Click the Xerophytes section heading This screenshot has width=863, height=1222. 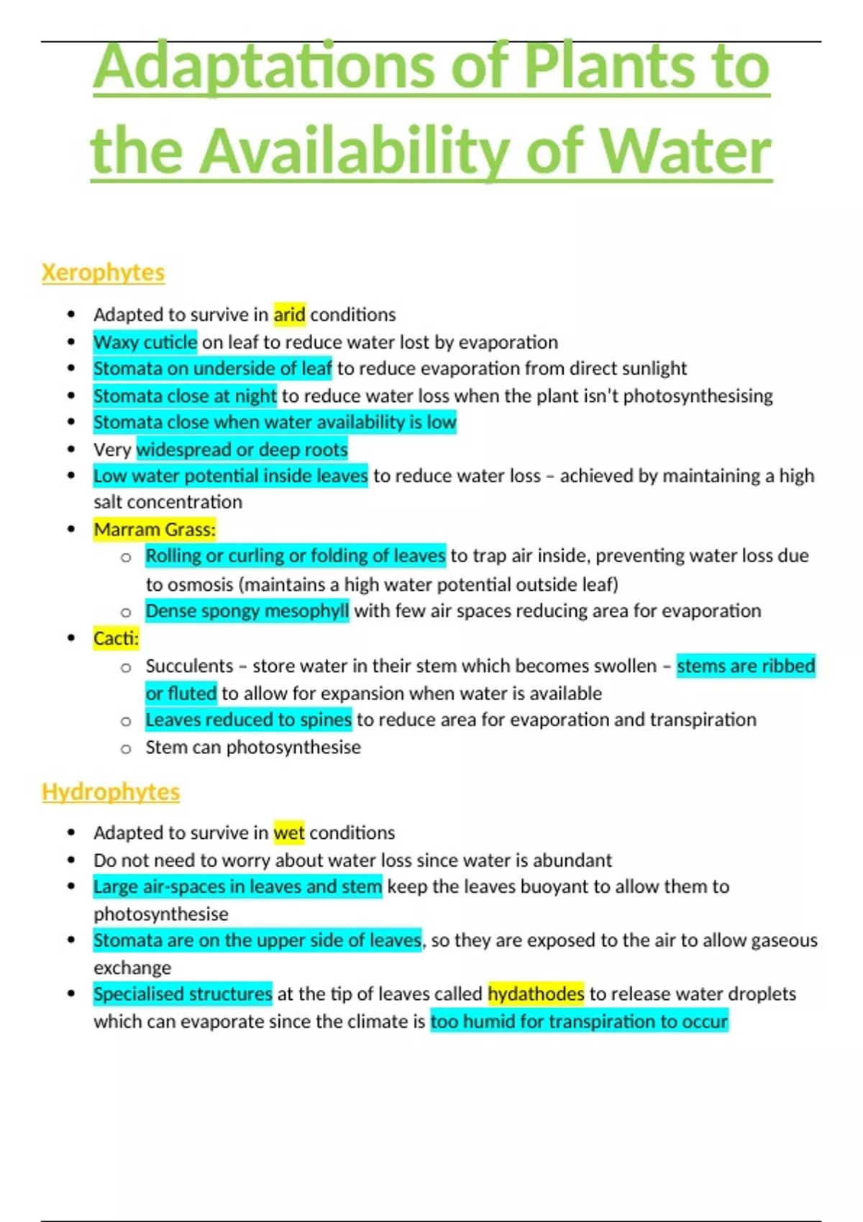(103, 272)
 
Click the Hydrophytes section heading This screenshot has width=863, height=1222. (111, 791)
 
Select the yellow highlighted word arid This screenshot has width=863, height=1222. (289, 315)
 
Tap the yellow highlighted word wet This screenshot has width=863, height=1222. (289, 832)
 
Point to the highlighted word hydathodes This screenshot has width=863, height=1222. (536, 994)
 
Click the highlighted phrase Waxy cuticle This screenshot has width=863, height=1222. (145, 342)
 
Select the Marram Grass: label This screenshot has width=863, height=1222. (155, 530)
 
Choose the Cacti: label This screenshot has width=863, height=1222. (116, 638)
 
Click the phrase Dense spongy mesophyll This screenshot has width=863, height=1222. (247, 611)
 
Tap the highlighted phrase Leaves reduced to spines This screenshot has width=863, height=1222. (248, 720)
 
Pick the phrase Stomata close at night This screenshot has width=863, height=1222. (185, 396)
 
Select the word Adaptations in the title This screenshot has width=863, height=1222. (265, 66)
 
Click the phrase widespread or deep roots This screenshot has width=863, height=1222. (242, 450)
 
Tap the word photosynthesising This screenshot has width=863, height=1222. (698, 396)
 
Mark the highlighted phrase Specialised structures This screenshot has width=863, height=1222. (183, 994)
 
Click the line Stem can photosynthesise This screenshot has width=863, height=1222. (253, 748)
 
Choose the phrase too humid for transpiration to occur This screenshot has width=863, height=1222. (579, 1021)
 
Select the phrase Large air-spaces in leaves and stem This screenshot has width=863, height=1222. (237, 886)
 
